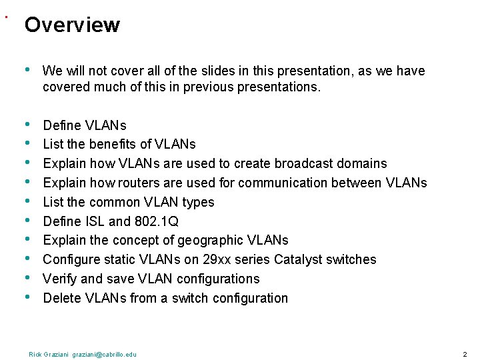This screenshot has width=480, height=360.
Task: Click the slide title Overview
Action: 72,25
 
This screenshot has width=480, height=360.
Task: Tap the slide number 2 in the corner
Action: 465,354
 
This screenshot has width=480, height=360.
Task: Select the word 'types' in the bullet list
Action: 198,202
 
